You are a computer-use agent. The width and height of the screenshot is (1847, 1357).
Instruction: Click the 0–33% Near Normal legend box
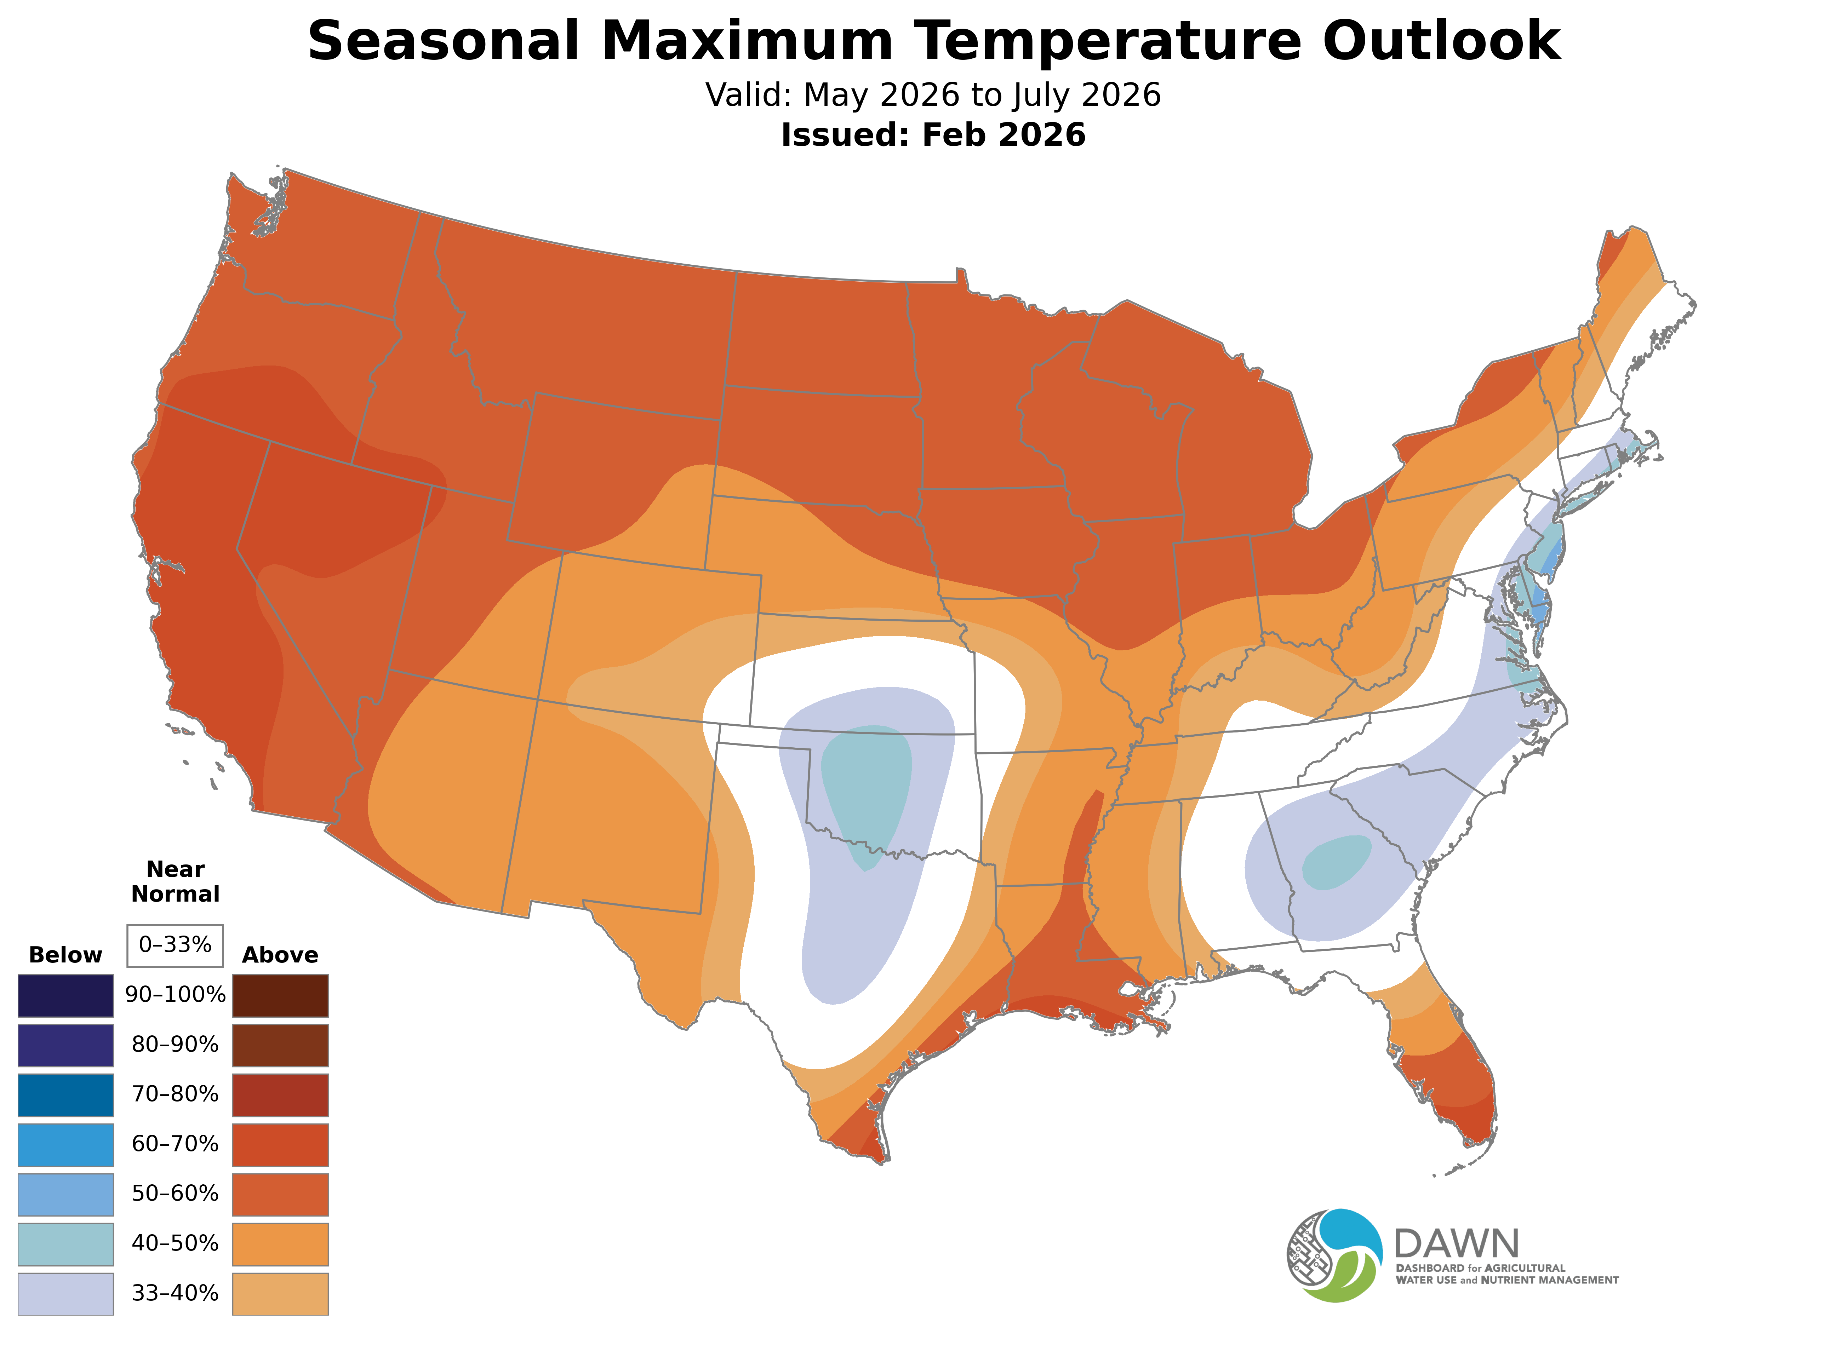[x=175, y=945]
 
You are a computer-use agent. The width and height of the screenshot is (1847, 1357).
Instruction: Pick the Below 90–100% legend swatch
[x=66, y=996]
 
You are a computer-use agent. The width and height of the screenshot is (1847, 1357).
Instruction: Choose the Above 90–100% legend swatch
[x=280, y=996]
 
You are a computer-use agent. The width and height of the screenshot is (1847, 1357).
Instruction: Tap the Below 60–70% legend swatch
[x=66, y=1144]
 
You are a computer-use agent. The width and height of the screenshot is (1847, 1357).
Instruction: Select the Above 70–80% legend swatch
[x=280, y=1095]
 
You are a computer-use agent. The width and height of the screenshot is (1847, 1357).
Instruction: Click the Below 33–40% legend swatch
[x=66, y=1294]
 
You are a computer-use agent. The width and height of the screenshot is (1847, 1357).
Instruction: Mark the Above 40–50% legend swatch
[x=280, y=1244]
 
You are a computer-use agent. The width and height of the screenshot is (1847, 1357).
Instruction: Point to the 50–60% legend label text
[x=175, y=1194]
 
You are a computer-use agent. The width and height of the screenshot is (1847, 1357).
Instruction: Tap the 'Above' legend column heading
[x=280, y=955]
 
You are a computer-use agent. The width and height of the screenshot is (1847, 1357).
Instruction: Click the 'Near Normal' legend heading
[x=175, y=881]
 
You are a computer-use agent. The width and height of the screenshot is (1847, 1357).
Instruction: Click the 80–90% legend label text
[x=175, y=1045]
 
